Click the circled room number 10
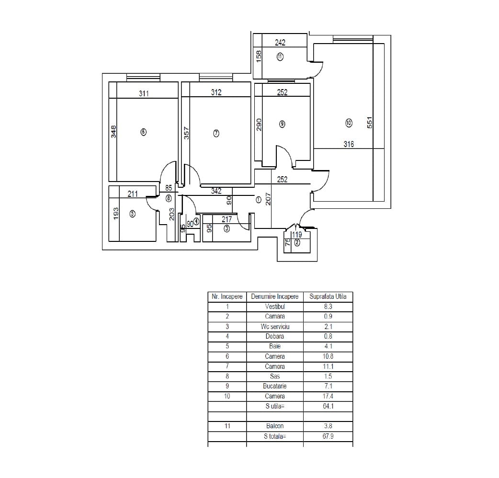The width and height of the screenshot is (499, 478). [349, 123]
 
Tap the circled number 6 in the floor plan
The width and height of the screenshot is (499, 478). [144, 132]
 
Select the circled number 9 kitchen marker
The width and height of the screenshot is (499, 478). [282, 124]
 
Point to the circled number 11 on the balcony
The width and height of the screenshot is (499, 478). [280, 57]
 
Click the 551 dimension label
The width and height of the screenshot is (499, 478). [370, 123]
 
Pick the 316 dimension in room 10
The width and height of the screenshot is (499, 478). [349, 144]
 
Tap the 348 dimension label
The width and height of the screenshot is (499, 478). [113, 132]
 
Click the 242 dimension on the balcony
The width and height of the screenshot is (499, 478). [280, 43]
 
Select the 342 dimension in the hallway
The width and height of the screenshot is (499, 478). [216, 191]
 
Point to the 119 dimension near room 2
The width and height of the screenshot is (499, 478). [296, 235]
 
